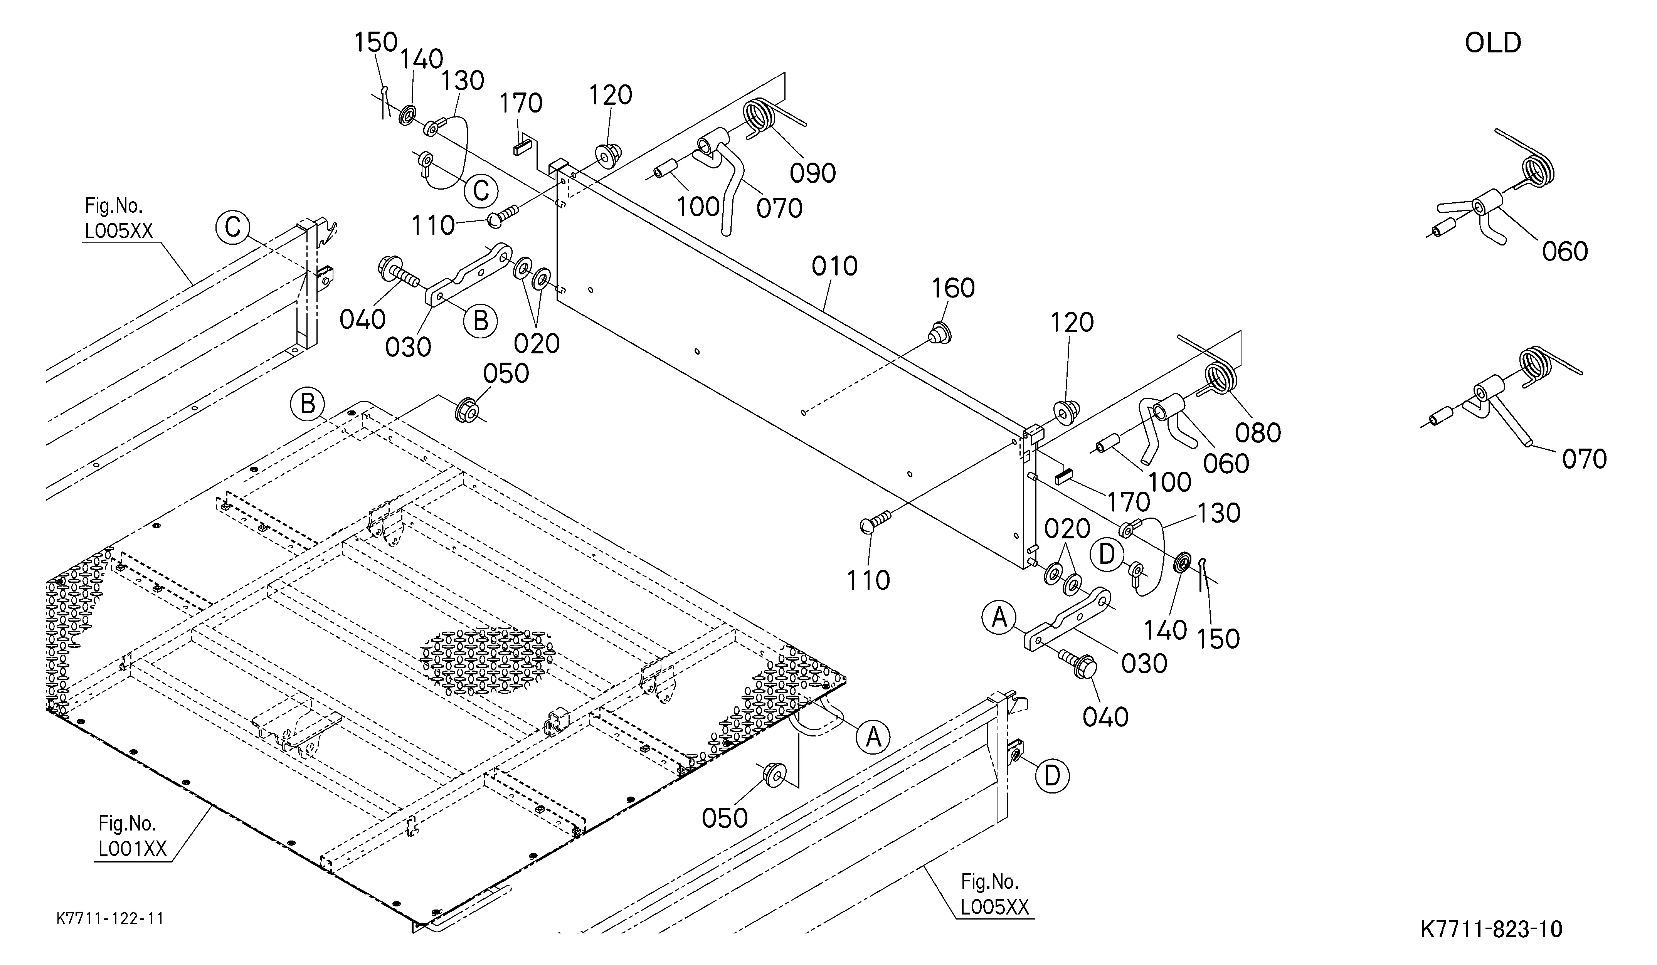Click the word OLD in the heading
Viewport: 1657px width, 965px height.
point(1493,44)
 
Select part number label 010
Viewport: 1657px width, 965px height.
point(834,266)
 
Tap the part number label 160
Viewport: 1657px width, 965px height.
point(954,288)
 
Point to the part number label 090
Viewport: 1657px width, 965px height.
point(813,173)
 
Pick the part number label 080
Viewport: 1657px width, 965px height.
point(1258,432)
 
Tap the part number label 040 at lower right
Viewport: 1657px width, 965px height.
point(1105,716)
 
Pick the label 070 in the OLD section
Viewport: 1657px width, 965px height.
point(1584,459)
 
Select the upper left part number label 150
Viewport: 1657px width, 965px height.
point(376,43)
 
